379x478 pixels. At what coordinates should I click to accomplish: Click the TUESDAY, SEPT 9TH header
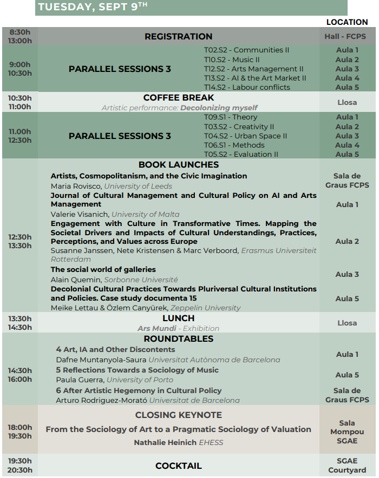click(x=93, y=7)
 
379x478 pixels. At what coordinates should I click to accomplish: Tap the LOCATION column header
click(x=347, y=22)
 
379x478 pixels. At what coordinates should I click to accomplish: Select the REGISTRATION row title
click(x=178, y=37)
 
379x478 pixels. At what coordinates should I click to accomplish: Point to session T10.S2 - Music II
click(x=232, y=59)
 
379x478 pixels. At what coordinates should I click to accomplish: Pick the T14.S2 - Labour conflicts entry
click(x=247, y=87)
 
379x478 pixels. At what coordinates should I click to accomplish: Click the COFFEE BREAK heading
click(x=179, y=98)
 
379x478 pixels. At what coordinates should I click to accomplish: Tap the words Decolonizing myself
click(x=219, y=108)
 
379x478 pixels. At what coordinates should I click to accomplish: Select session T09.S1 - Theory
click(x=231, y=117)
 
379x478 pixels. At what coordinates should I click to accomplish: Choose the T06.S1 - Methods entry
click(x=234, y=145)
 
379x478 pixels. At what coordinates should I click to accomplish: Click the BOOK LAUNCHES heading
click(x=179, y=165)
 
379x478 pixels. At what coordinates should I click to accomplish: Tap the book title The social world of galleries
click(x=103, y=269)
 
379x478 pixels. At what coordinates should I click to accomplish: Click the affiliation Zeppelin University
click(x=207, y=308)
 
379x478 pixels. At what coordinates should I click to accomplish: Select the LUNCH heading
click(x=179, y=318)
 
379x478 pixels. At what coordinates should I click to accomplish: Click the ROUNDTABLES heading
click(x=179, y=339)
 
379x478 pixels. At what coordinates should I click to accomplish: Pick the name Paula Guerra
click(x=80, y=380)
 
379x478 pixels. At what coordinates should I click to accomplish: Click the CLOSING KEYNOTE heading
click(x=179, y=415)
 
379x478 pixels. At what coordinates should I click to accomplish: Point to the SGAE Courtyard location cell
click(x=347, y=466)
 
